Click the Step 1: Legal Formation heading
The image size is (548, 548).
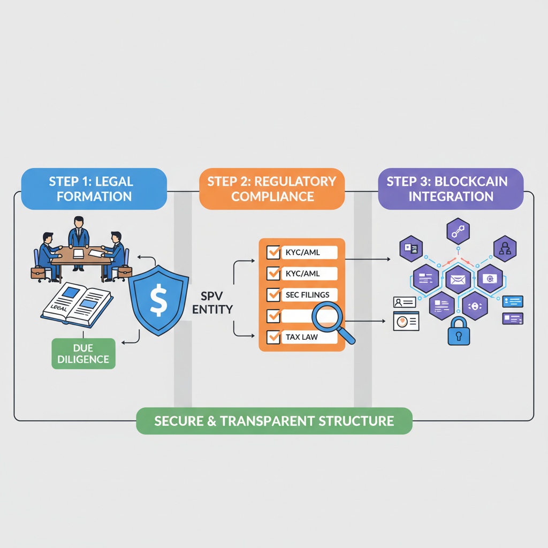coord(94,188)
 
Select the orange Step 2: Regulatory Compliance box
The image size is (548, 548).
coord(271,188)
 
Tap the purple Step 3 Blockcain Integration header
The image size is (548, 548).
coord(451,188)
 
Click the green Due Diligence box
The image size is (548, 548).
coord(83,353)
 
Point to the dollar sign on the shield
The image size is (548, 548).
coord(158,301)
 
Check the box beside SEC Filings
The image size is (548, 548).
coord(273,294)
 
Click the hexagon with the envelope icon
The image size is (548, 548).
coord(458,279)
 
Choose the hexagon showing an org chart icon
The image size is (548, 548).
coord(504,248)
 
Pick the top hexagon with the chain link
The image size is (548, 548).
coord(458,232)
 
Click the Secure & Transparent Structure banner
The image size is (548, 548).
coord(274,421)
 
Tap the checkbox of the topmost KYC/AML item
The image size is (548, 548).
coord(273,252)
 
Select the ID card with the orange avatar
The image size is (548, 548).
coord(406,321)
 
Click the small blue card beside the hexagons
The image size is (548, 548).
coord(513,301)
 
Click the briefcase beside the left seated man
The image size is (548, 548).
coord(37,273)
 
